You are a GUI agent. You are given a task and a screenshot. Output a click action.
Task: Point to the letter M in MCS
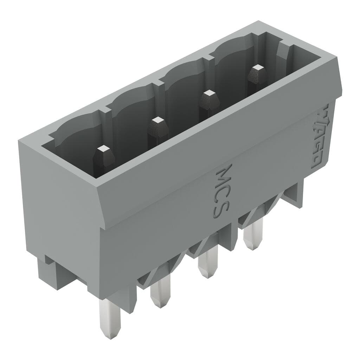(x=225, y=173)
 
